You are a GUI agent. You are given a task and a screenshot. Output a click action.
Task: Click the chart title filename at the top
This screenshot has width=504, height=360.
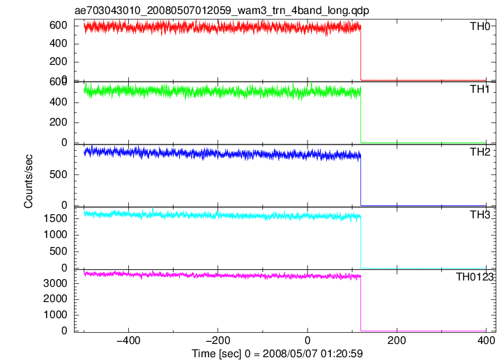click(222, 10)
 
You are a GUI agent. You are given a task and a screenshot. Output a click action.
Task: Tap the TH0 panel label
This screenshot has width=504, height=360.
click(480, 27)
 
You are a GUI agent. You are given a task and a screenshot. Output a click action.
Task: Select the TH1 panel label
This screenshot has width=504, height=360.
click(480, 89)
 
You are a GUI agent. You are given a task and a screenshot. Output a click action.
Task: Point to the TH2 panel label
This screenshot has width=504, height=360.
click(480, 152)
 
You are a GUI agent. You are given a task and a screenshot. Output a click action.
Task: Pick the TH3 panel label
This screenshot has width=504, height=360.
click(480, 215)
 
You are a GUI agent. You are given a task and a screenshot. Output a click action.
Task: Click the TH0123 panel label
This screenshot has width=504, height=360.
click(475, 277)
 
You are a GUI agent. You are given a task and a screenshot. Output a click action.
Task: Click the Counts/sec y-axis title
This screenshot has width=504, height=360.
click(29, 181)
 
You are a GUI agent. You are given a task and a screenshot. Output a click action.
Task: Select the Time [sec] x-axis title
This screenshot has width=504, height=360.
click(277, 354)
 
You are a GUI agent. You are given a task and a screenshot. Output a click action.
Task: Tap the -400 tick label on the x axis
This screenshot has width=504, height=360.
click(128, 340)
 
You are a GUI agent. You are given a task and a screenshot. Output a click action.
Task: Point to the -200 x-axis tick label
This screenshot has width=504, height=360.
click(218, 340)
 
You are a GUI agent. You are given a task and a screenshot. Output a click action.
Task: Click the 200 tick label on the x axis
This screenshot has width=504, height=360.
click(397, 340)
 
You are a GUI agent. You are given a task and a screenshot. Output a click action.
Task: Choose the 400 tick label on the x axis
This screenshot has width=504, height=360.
click(486, 340)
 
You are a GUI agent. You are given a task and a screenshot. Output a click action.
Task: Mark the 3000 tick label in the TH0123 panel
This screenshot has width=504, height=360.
click(55, 283)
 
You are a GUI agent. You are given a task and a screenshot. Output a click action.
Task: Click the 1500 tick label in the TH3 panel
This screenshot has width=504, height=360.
click(55, 218)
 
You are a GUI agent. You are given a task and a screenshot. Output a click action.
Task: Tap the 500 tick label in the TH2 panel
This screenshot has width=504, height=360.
click(59, 174)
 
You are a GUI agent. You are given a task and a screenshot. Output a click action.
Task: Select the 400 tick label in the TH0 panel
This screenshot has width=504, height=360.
click(59, 43)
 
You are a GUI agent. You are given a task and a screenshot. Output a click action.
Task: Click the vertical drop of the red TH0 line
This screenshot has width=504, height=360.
click(361, 53)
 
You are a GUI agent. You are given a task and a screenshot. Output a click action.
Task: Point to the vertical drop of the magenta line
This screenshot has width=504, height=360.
click(361, 303)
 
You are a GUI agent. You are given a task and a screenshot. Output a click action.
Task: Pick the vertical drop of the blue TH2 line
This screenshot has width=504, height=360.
click(361, 181)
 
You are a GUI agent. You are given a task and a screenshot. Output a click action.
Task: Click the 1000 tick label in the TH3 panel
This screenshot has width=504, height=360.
click(55, 234)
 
